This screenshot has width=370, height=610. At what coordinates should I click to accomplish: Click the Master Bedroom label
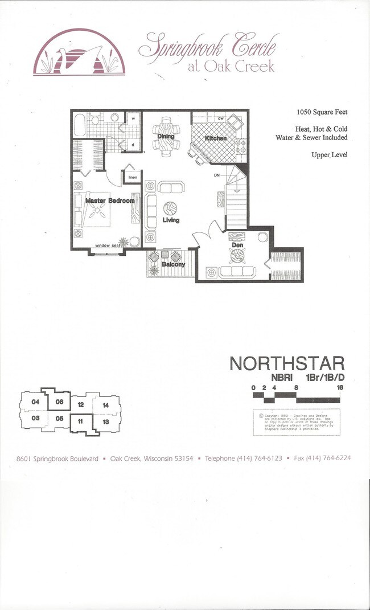[110, 201]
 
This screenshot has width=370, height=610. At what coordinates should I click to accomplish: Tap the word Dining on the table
[166, 137]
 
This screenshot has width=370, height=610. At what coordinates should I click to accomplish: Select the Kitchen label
[216, 138]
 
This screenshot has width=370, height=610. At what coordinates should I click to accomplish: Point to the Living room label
[171, 220]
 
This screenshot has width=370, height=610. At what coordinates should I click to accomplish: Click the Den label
[237, 245]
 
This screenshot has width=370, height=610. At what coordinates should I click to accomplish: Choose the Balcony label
[173, 264]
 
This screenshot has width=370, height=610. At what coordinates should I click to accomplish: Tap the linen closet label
[133, 178]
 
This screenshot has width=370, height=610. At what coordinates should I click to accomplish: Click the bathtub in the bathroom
[79, 124]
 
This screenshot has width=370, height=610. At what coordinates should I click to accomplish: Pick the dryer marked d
[133, 145]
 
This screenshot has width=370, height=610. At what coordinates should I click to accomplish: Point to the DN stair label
[217, 175]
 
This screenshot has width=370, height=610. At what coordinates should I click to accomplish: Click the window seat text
[108, 245]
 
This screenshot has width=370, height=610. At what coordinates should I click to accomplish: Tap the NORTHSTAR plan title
[287, 363]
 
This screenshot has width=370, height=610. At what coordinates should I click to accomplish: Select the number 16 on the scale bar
[339, 387]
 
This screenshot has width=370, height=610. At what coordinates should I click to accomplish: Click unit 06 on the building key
[59, 402]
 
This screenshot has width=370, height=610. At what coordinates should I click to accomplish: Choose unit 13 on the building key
[105, 422]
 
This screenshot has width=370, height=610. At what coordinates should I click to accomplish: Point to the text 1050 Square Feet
[322, 112]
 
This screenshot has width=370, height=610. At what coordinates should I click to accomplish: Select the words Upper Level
[329, 155]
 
